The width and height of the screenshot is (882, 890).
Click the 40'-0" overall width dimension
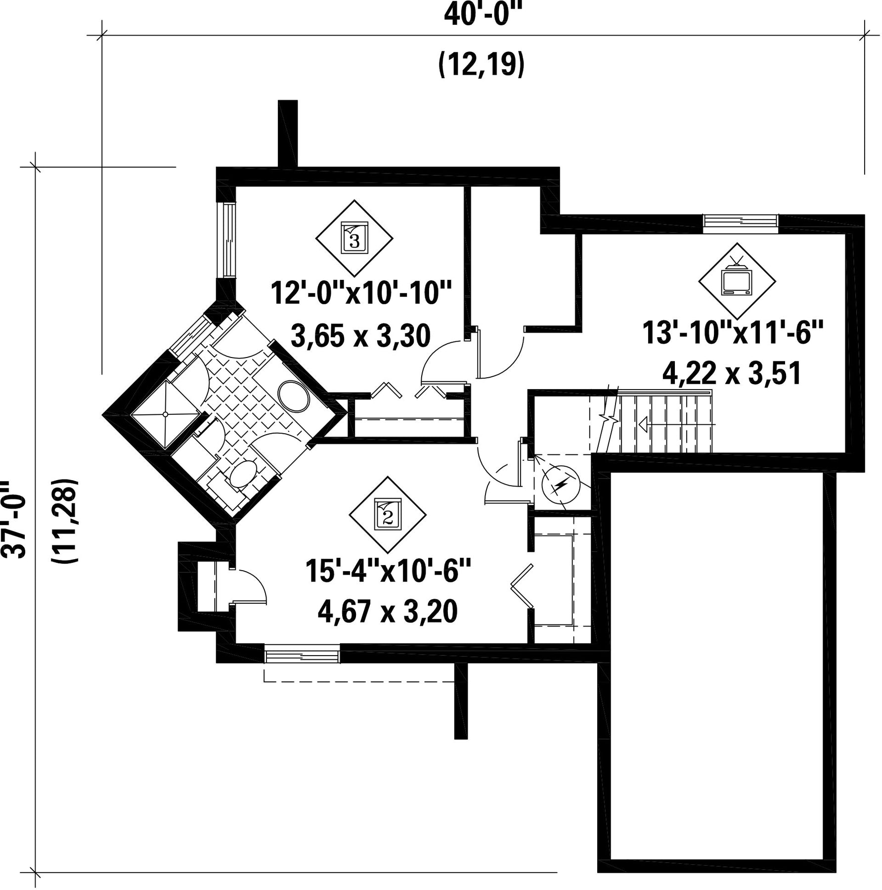pos(483,15)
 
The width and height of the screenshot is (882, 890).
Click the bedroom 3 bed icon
pos(354,238)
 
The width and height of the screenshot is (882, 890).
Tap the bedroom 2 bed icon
pos(387,515)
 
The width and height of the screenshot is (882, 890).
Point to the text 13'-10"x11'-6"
pos(733,333)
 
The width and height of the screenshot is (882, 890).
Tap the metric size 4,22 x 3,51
pos(732,374)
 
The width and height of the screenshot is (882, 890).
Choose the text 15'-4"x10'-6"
pos(388,571)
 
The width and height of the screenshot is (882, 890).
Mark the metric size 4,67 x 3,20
pos(388,612)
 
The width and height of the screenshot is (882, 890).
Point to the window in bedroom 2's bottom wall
pos(303,656)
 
